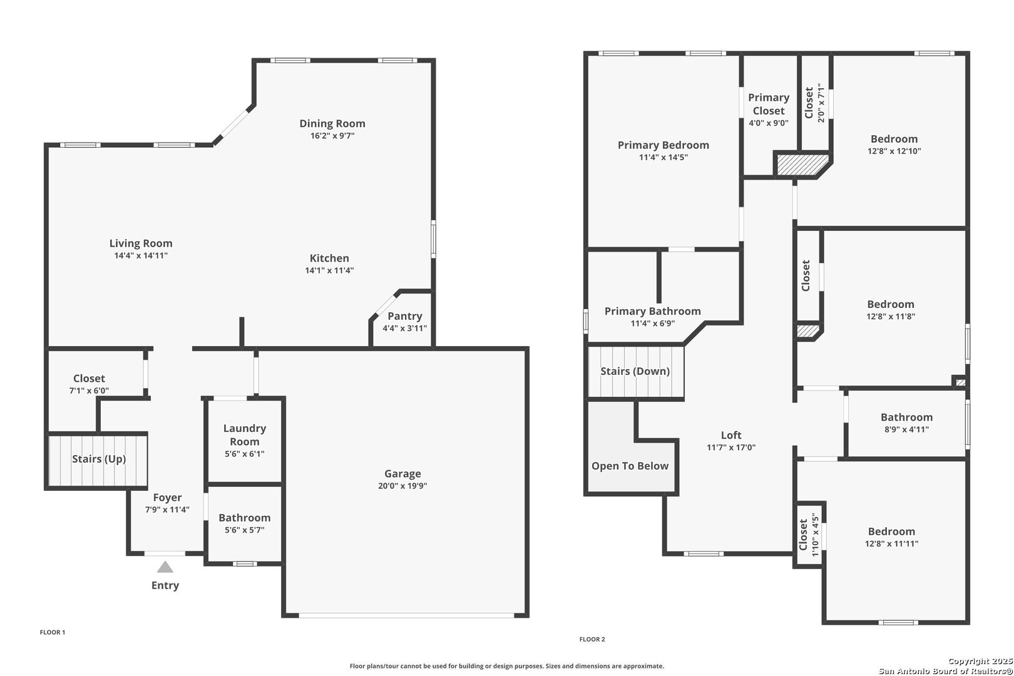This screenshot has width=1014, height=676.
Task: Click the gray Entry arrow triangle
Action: click(165, 567)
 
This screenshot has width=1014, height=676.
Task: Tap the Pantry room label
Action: click(405, 316)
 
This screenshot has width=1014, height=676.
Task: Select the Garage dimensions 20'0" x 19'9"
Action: click(402, 486)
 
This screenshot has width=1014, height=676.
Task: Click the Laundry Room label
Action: click(245, 434)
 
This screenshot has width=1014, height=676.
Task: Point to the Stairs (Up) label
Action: click(99, 459)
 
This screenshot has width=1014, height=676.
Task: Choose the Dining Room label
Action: click(332, 123)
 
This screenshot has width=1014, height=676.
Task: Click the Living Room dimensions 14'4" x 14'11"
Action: click(141, 255)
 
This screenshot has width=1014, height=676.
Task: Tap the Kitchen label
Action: click(329, 258)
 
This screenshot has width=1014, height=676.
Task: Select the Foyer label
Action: click(167, 498)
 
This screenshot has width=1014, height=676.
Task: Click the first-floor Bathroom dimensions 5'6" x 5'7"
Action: click(245, 530)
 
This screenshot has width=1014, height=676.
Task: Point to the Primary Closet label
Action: click(769, 104)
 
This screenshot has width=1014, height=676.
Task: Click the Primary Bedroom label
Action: click(663, 145)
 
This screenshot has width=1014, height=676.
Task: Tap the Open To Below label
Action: click(630, 466)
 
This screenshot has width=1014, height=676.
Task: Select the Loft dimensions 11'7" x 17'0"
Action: click(731, 448)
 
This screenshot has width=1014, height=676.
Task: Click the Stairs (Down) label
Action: click(635, 371)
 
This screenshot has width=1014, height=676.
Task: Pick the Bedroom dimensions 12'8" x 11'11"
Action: click(891, 543)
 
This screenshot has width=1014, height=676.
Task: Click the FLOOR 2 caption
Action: click(592, 639)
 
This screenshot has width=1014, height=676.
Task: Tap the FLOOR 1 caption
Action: click(53, 632)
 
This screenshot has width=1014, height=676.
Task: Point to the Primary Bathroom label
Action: click(652, 311)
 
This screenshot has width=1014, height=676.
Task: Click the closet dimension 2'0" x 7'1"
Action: click(821, 103)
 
